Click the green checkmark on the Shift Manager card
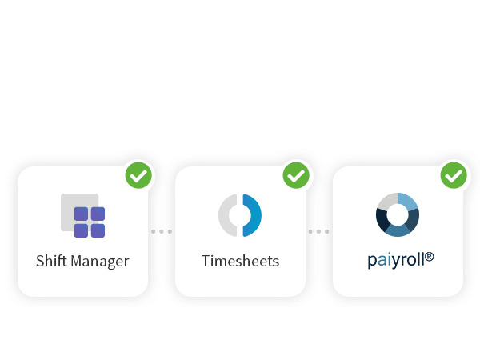(138, 175)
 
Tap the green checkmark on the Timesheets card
(296, 175)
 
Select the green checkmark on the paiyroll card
(454, 175)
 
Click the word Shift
(51, 261)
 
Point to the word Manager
(100, 262)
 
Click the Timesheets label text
(240, 261)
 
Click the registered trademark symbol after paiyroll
(429, 257)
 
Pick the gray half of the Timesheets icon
(226, 215)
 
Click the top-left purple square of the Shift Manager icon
(81, 214)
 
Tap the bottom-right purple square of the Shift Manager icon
(98, 231)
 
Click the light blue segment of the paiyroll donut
(408, 202)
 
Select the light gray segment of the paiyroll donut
(387, 202)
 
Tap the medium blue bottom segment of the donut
(398, 231)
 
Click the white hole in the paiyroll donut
(398, 215)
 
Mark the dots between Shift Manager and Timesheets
(162, 231)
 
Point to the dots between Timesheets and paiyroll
(318, 231)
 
